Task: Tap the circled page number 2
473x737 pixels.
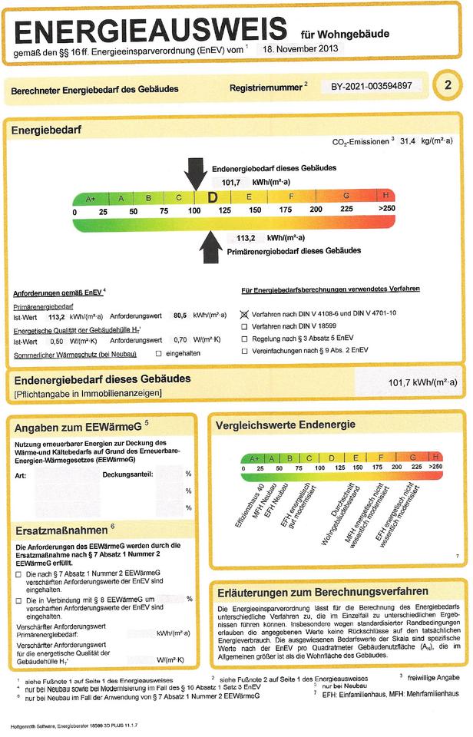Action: click(448, 84)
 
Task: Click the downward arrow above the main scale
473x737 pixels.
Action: click(195, 174)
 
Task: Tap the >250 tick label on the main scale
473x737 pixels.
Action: click(386, 210)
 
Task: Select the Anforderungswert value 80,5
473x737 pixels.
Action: click(180, 316)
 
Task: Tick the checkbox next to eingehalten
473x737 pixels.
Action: click(159, 353)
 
